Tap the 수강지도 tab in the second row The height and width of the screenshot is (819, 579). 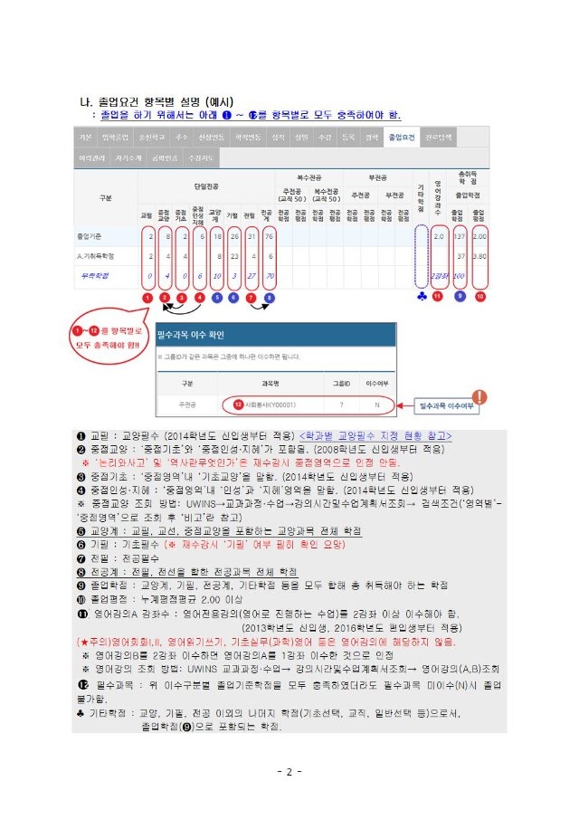click(x=199, y=157)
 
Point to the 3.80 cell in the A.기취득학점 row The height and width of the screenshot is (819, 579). click(x=481, y=255)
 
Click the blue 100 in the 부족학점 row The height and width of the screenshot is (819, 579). click(x=460, y=275)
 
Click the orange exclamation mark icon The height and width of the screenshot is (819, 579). click(x=479, y=395)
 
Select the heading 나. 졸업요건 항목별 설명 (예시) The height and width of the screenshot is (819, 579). click(x=158, y=101)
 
